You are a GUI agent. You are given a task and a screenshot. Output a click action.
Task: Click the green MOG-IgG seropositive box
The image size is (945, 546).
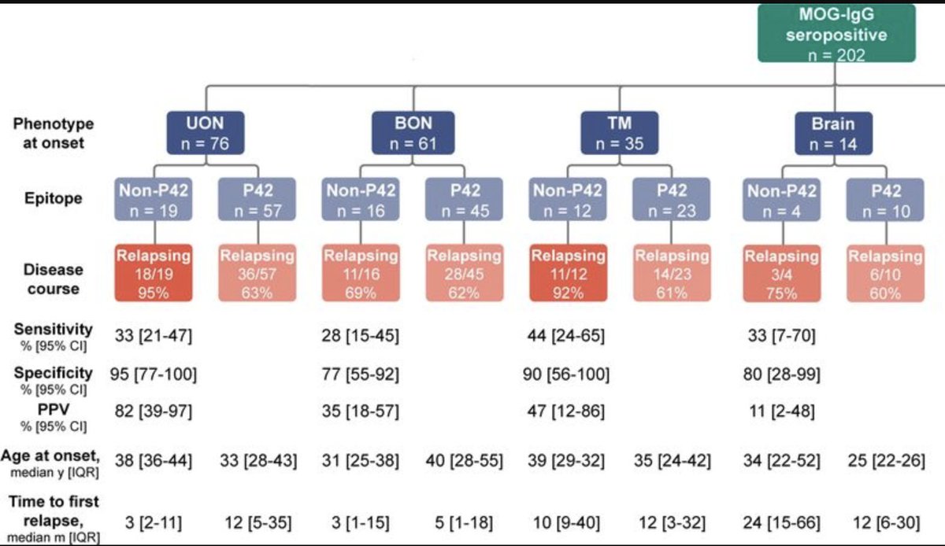836,33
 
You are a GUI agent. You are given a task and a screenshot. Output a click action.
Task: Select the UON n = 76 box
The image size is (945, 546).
206,133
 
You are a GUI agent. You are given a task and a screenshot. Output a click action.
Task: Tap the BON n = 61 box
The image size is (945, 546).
413,133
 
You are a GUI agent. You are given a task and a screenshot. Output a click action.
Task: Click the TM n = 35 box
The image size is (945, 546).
620,133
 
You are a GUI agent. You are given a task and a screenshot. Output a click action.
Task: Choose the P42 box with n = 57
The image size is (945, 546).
257,200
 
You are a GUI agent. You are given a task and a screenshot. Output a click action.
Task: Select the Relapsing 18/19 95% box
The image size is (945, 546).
154,272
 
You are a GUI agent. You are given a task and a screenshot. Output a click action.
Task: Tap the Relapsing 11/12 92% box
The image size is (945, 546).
568,272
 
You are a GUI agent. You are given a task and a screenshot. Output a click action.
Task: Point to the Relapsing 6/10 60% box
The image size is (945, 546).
884,272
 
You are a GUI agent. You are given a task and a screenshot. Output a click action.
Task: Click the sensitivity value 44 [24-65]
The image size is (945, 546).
568,334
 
